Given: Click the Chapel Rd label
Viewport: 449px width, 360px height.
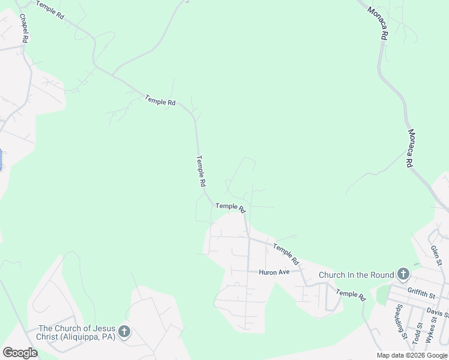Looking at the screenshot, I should pyautogui.click(x=23, y=29).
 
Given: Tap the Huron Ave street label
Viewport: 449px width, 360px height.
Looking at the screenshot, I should pyautogui.click(x=274, y=272).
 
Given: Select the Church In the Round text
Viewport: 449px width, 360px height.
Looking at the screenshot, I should pyautogui.click(x=356, y=275).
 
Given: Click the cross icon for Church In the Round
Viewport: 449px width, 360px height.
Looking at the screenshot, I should pyautogui.click(x=403, y=275).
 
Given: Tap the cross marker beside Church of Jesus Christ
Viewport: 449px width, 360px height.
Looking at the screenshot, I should pyautogui.click(x=124, y=332).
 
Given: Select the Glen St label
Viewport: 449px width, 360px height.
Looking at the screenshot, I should pyautogui.click(x=436, y=254).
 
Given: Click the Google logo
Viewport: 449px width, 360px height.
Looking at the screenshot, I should pyautogui.click(x=20, y=353).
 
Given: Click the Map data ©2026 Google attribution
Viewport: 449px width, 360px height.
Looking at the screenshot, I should pyautogui.click(x=412, y=355).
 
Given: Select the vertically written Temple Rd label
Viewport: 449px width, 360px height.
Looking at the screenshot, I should pyautogui.click(x=201, y=171).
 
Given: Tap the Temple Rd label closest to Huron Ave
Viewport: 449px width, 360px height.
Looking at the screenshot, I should pyautogui.click(x=286, y=254).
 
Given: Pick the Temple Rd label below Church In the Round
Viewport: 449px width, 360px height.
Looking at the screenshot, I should pyautogui.click(x=351, y=295).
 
